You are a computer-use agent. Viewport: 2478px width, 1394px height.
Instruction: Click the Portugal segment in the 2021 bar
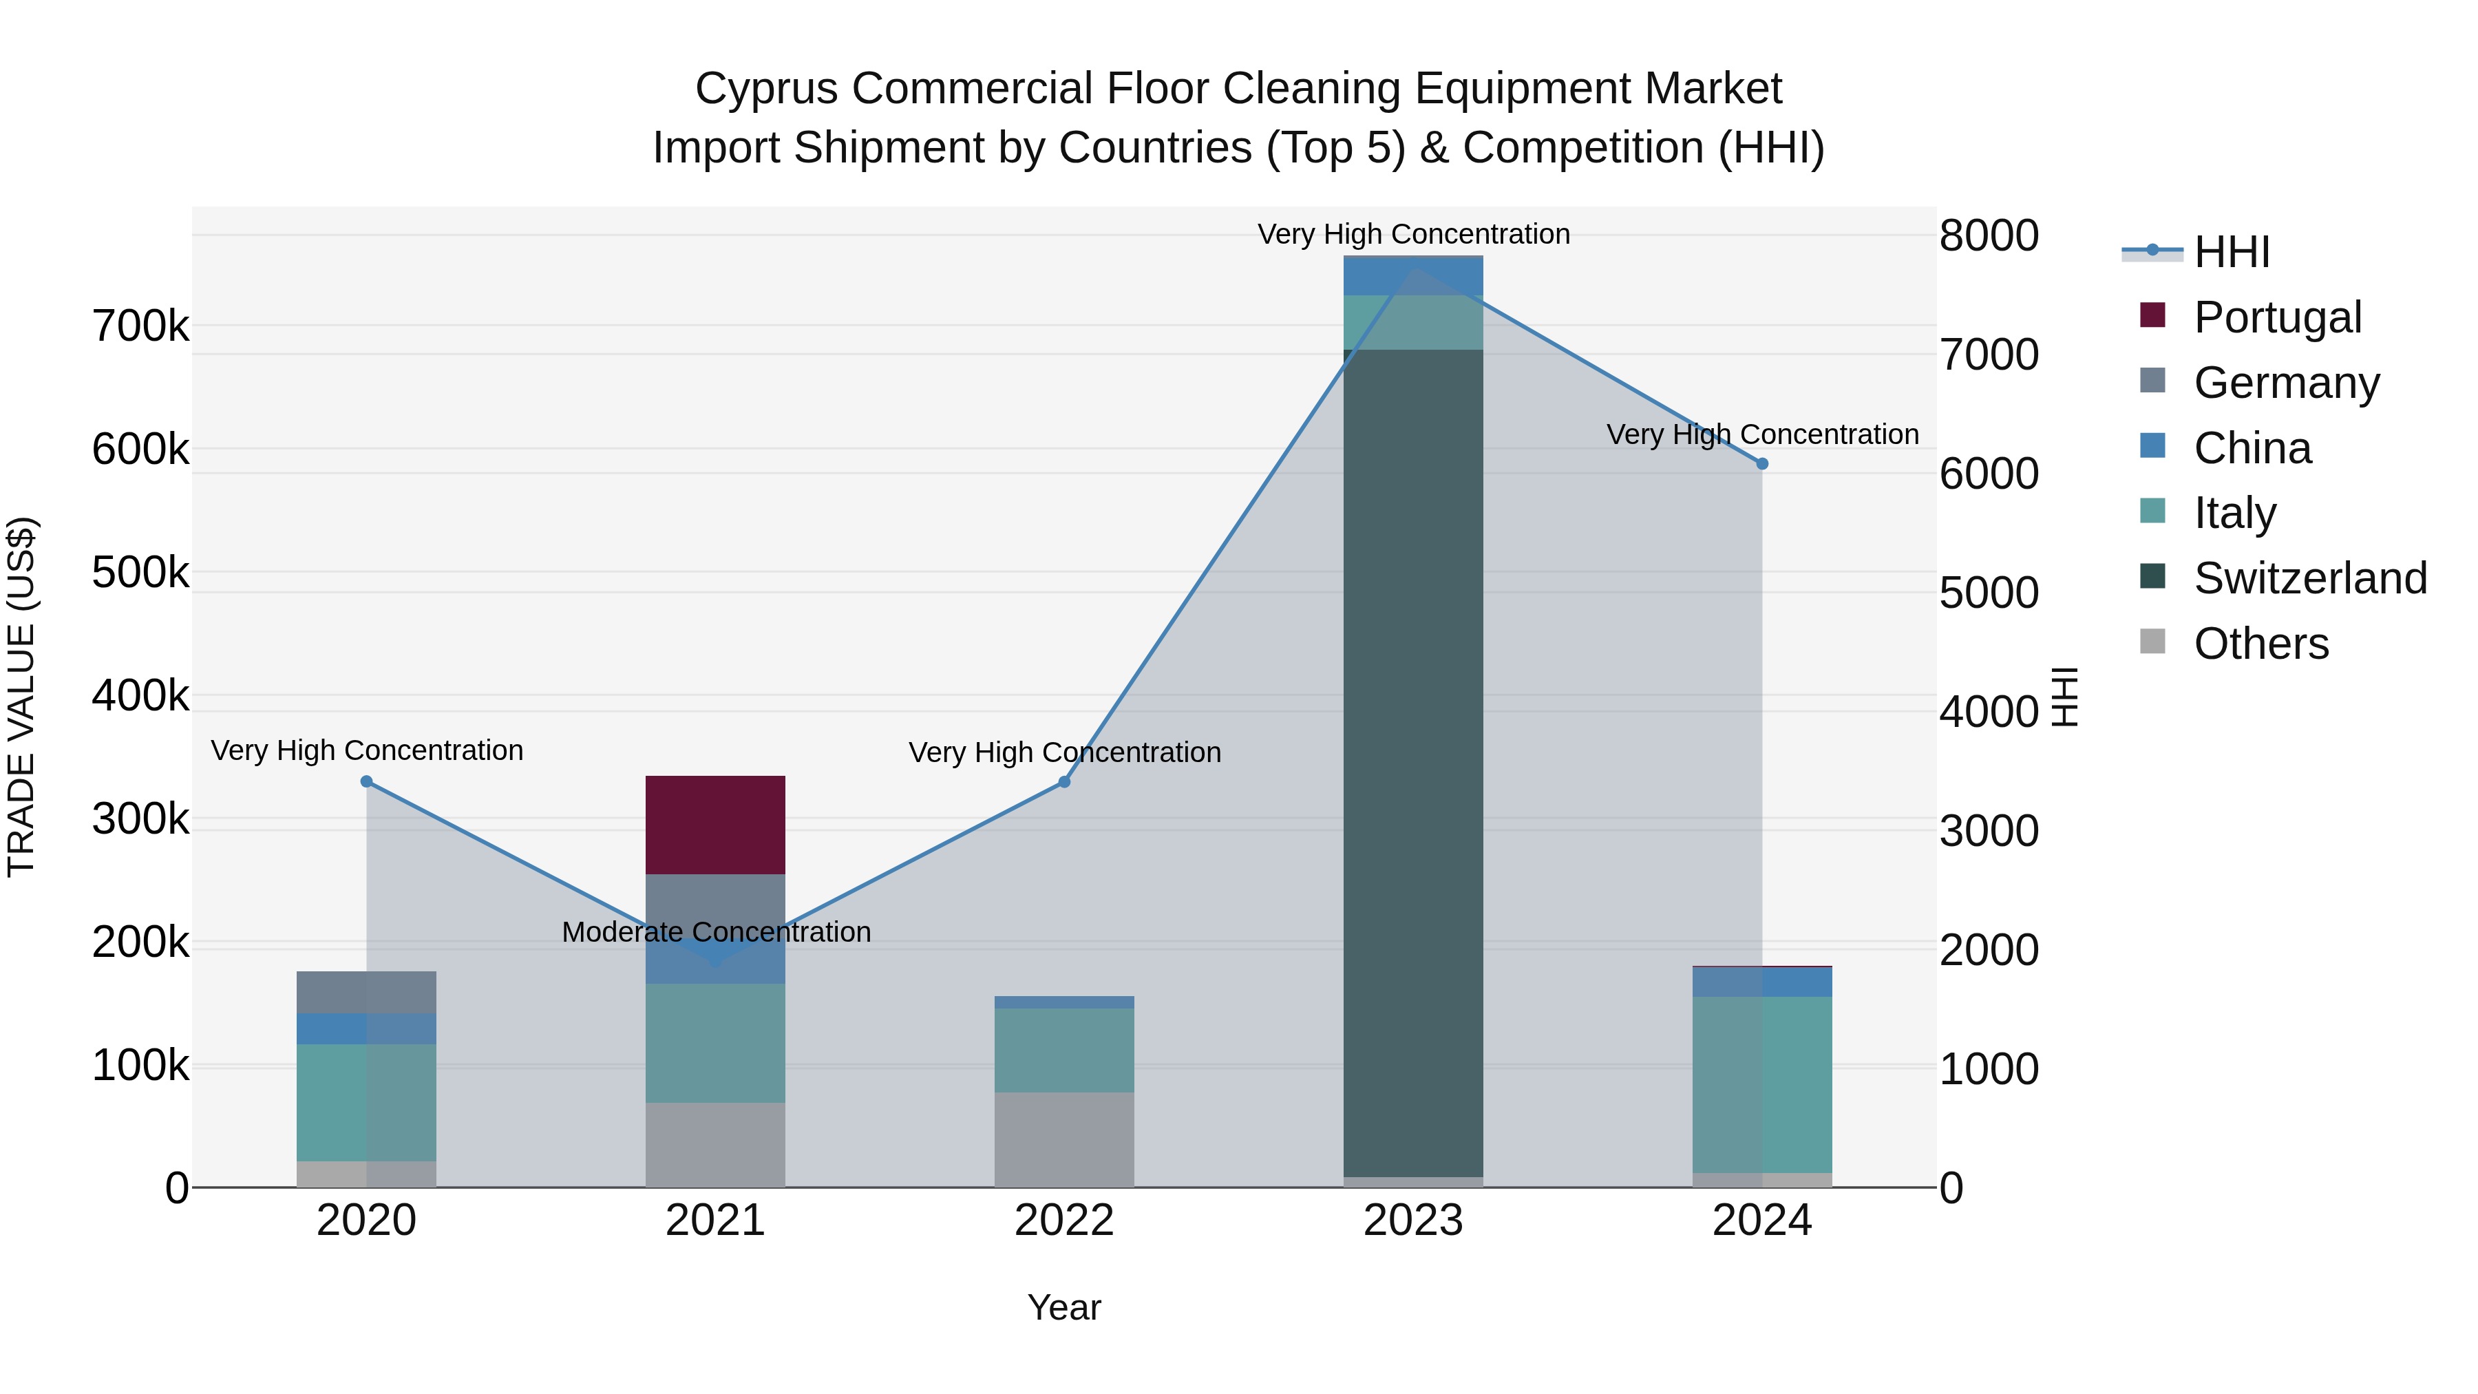point(714,825)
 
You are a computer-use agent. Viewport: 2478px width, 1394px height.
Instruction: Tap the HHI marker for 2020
point(366,782)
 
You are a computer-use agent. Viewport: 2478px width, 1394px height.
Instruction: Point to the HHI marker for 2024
point(1761,464)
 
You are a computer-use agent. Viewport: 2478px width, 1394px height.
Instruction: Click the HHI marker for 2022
point(1064,782)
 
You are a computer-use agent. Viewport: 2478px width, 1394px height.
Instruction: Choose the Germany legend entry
point(2285,383)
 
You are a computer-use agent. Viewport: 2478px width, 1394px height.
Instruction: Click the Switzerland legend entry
point(2309,578)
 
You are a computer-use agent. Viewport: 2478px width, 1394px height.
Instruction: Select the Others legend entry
point(2260,644)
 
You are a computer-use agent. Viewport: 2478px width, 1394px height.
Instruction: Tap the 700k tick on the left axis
point(140,326)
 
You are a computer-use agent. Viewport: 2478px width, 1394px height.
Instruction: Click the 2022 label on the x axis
point(1064,1221)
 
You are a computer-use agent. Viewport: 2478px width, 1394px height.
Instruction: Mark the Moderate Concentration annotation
point(716,931)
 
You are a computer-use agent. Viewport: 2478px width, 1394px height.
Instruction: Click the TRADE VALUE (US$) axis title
point(21,697)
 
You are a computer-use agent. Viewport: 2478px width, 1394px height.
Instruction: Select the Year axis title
point(1064,1307)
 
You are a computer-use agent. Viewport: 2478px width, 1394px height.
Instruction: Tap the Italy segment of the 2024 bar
point(1761,1084)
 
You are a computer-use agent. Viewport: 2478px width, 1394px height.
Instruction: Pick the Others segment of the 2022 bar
point(1064,1139)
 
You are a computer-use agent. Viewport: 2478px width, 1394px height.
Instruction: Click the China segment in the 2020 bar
point(366,1028)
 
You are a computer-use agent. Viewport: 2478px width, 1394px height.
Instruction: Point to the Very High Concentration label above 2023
point(1412,234)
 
